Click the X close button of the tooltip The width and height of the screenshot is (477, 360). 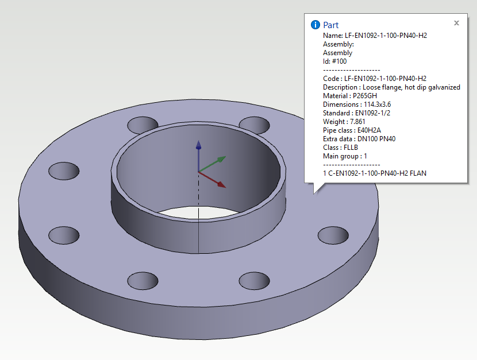click(x=456, y=23)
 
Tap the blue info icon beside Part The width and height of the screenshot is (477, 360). click(x=315, y=25)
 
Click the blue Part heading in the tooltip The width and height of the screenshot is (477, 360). click(x=330, y=25)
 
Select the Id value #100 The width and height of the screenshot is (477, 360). click(x=339, y=61)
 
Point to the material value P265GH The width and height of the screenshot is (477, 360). click(x=365, y=96)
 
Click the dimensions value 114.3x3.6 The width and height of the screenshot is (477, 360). click(x=377, y=104)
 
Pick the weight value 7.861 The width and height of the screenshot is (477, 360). click(x=357, y=122)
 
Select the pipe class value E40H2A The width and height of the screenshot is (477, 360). click(x=369, y=130)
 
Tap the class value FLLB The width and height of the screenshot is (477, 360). click(x=351, y=148)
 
